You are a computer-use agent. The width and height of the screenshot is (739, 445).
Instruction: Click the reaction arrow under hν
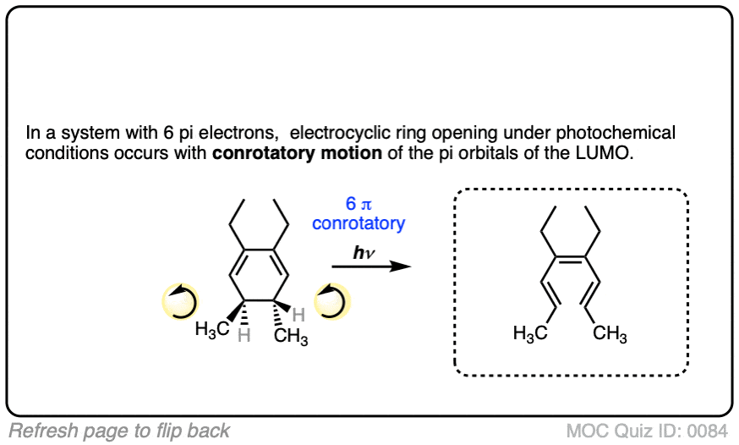(x=370, y=266)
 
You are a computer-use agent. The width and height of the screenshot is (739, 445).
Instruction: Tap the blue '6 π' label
(x=358, y=205)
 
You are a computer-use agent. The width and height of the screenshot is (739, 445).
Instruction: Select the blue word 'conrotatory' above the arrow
(x=359, y=223)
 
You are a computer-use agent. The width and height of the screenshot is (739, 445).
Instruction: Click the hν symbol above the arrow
(x=359, y=251)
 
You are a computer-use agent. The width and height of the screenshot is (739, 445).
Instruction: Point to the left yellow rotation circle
(x=179, y=301)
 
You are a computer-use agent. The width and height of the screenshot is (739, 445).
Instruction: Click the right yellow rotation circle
(x=331, y=301)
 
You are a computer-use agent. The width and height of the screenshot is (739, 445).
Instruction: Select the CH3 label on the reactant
(x=291, y=338)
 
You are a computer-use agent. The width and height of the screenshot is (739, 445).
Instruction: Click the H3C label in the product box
(x=530, y=334)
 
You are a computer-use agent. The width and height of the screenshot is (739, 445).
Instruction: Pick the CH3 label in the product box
(x=610, y=334)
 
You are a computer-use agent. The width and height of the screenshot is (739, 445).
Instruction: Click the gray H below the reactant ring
(x=244, y=336)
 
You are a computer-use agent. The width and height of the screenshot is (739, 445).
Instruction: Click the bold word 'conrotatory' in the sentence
(x=258, y=154)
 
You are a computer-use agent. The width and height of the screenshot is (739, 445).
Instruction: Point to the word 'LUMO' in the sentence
(x=605, y=154)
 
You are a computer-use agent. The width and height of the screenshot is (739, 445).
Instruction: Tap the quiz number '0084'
(x=709, y=430)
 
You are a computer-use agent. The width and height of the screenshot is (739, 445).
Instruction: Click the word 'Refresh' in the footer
(x=38, y=430)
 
